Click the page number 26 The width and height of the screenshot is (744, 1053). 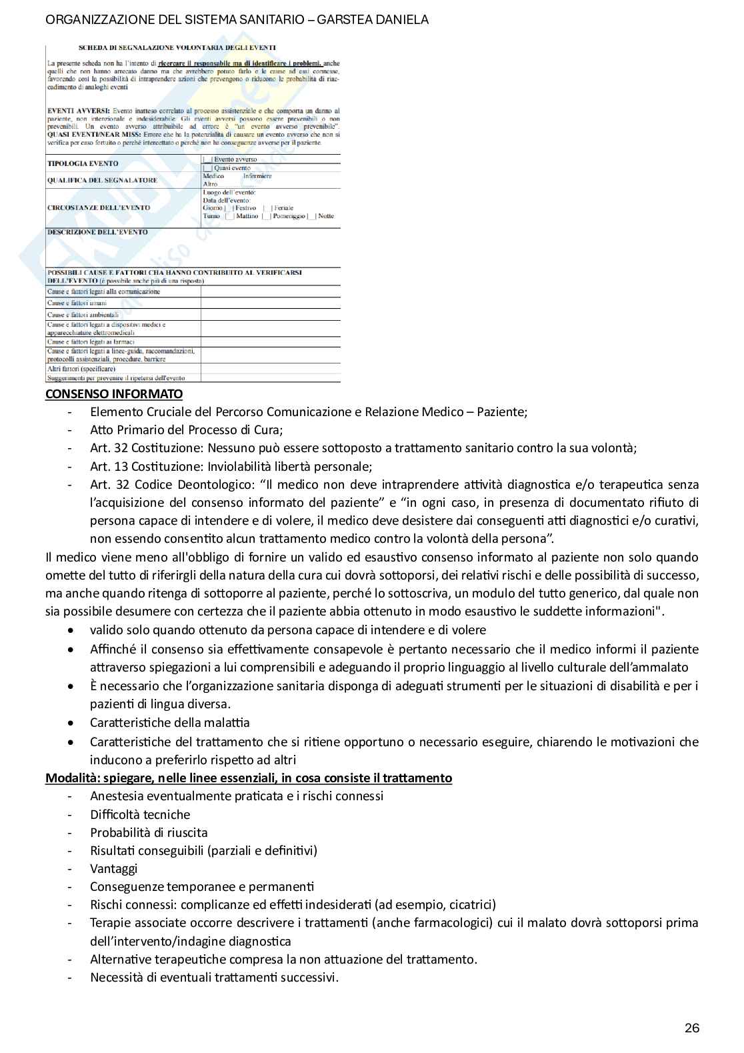692,1028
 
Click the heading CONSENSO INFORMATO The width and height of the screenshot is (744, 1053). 113,393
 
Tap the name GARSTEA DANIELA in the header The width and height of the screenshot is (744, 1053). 373,19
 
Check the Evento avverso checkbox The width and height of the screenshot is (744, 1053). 207,160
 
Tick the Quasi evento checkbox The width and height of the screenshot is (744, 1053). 207,168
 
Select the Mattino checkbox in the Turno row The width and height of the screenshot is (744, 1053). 229,216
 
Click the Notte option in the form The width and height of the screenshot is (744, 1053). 325,216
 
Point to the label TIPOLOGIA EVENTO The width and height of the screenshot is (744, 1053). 83,163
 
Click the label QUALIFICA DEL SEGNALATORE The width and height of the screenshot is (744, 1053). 102,180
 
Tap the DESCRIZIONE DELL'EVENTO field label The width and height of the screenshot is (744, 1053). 97,232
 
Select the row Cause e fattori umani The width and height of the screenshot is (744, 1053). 77,303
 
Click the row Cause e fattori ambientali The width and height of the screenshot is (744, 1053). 83,315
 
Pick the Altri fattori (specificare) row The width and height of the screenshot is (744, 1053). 81,368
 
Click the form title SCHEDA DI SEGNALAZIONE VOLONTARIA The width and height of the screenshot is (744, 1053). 177,48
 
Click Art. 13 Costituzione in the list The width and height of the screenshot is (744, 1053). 231,466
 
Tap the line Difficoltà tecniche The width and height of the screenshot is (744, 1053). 140,814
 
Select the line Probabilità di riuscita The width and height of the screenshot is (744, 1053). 149,832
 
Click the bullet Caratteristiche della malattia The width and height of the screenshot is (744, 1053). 169,722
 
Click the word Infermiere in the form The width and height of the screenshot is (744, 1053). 257,176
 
